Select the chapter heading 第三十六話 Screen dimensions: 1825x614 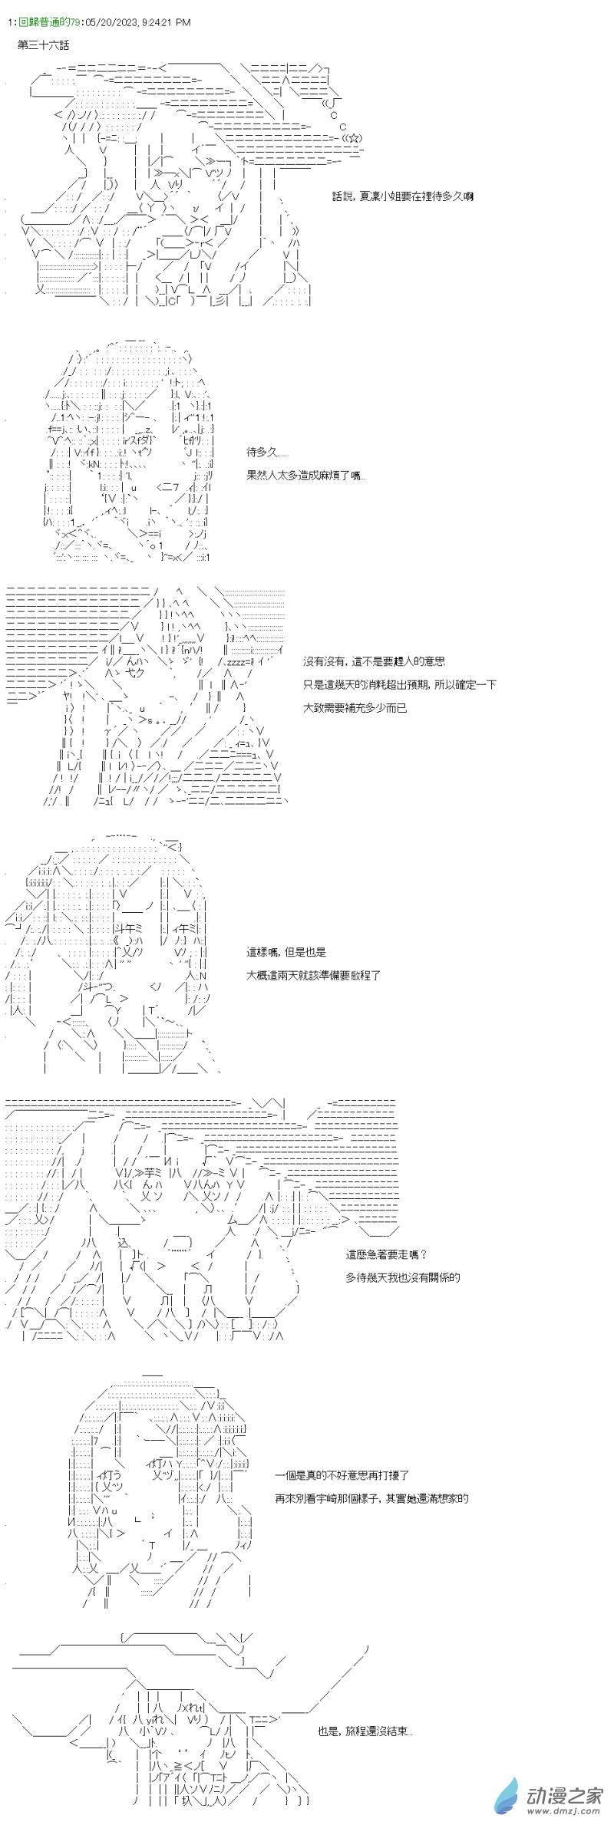(44, 46)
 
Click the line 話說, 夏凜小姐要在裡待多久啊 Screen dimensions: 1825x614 (403, 196)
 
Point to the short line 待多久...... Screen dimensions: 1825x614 (268, 452)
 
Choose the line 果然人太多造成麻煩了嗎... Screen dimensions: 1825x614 (306, 475)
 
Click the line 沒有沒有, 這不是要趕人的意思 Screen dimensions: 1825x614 (374, 661)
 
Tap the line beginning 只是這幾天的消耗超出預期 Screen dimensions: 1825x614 (399, 684)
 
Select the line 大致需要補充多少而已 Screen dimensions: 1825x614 (355, 707)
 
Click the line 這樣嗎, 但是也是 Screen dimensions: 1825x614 (286, 952)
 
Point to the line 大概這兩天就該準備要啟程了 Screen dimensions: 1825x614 (313, 975)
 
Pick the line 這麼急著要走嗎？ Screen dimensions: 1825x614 (386, 1254)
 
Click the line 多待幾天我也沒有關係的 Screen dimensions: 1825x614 (403, 1277)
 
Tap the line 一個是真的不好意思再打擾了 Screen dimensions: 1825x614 (342, 1474)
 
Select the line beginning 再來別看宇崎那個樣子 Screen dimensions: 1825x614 (371, 1497)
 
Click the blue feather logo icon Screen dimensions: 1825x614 (507, 1795)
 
